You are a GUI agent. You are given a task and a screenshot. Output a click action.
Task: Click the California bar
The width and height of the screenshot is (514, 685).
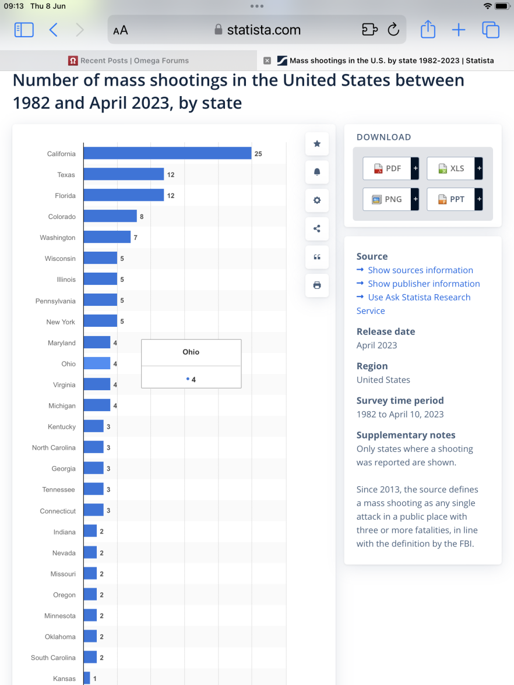click(x=167, y=153)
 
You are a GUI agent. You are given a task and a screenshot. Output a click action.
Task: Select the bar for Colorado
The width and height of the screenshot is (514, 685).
click(x=110, y=216)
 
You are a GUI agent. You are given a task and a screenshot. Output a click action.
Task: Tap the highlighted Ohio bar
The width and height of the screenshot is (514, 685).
click(x=97, y=363)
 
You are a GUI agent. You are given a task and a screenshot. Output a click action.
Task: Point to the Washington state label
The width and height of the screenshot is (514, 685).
click(x=58, y=238)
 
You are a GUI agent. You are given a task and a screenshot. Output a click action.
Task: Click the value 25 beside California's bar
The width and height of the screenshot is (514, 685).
click(x=258, y=154)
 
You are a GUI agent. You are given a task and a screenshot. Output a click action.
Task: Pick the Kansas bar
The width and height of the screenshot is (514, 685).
click(x=87, y=679)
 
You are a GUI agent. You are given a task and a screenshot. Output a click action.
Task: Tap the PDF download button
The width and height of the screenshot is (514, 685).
click(x=387, y=168)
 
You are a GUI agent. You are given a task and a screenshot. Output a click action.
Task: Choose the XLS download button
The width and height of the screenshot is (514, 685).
click(x=451, y=168)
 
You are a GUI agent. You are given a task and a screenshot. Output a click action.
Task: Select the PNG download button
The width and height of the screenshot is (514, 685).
click(x=387, y=199)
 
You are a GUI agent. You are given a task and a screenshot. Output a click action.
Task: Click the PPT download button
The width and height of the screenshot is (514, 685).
click(x=451, y=199)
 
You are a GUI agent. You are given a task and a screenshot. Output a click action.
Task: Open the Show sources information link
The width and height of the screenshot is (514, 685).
click(x=420, y=270)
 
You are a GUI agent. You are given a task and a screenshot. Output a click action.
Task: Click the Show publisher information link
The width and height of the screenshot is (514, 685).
click(x=424, y=284)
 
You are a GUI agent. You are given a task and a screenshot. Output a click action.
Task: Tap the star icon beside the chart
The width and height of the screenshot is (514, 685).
click(x=317, y=144)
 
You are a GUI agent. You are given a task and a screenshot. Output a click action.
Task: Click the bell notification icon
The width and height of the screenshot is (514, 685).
click(x=317, y=172)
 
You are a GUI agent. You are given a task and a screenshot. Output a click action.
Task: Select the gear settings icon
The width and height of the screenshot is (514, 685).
click(x=317, y=200)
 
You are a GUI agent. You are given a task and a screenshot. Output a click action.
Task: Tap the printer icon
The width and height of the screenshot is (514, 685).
click(x=317, y=285)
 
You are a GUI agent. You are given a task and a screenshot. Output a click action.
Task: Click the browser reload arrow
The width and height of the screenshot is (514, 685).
click(x=393, y=30)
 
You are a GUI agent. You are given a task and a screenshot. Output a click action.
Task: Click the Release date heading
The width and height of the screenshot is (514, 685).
click(x=386, y=331)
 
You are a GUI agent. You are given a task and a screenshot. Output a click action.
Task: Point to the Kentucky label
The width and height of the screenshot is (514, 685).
click(x=62, y=427)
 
